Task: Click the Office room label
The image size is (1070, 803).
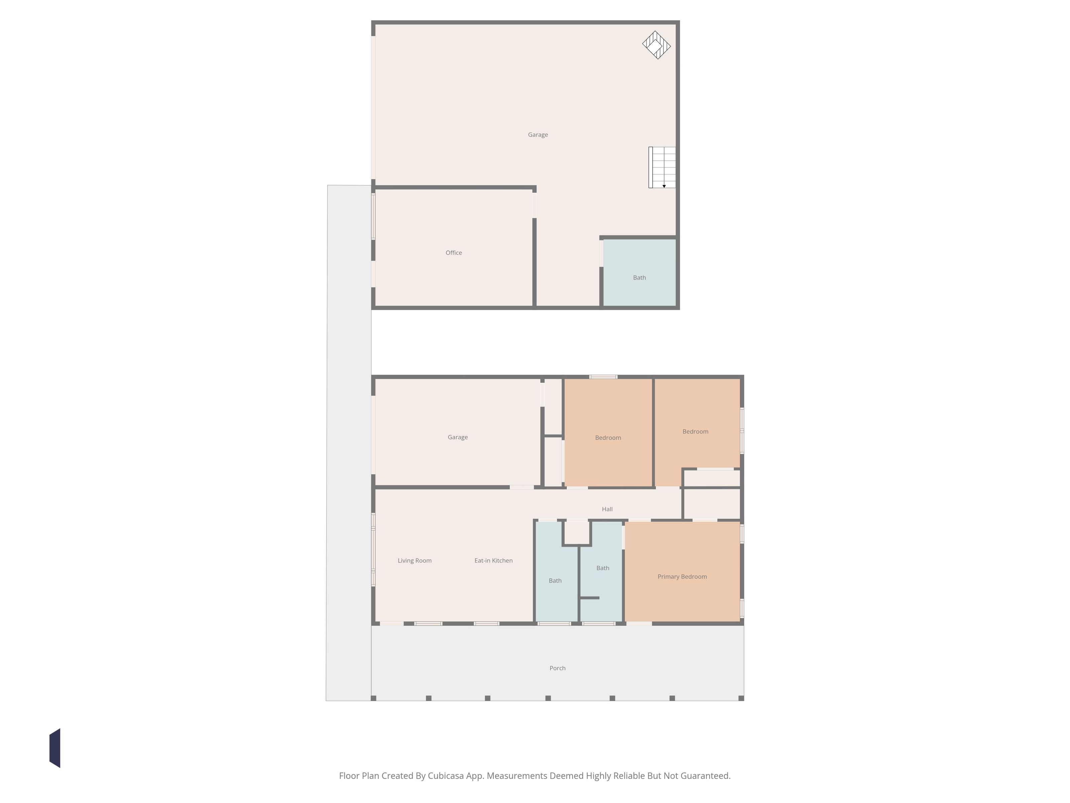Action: point(454,253)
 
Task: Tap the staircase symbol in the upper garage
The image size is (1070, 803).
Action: point(662,168)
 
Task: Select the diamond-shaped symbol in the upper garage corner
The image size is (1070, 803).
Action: point(656,45)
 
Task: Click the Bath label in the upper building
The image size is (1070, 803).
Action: point(639,278)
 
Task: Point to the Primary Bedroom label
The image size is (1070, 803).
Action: point(682,576)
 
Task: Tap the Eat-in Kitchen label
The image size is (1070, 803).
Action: point(494,560)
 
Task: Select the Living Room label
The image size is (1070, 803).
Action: point(415,560)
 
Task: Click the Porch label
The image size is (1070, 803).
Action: point(557,668)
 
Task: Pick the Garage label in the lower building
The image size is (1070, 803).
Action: point(458,437)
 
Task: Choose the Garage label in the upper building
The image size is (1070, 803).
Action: point(538,135)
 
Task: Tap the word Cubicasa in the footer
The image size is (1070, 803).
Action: point(445,776)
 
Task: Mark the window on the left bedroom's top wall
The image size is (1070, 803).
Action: point(603,376)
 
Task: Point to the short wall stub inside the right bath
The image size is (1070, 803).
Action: point(590,598)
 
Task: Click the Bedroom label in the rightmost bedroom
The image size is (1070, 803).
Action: point(695,432)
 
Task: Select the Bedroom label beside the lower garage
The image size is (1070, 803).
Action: point(608,438)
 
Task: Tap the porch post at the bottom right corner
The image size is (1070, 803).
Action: point(741,698)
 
